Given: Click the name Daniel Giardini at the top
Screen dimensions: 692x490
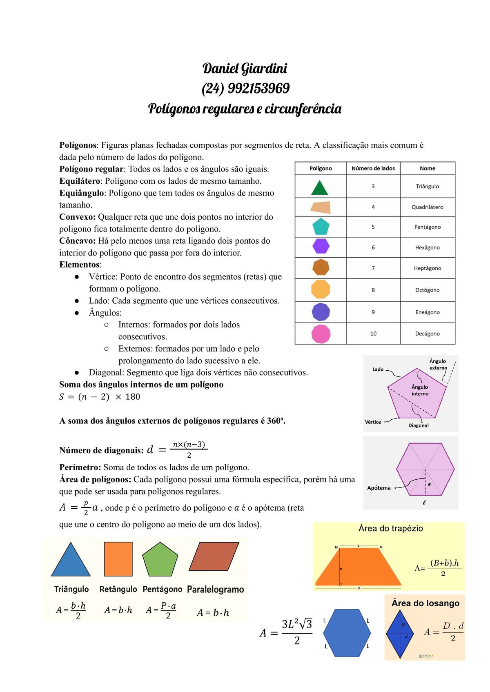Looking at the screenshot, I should click(x=245, y=68).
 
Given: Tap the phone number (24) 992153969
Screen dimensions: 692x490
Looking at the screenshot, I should click(x=245, y=88).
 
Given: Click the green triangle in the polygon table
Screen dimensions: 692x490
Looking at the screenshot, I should click(x=319, y=188).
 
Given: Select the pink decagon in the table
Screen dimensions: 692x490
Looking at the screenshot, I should click(x=321, y=334).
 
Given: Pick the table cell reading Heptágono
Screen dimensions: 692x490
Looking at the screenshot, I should click(x=428, y=268).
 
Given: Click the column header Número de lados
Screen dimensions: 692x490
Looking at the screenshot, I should click(x=373, y=168).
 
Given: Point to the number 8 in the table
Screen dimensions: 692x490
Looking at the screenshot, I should click(x=373, y=290).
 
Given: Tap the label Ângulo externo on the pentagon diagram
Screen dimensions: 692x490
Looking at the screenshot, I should click(x=438, y=364).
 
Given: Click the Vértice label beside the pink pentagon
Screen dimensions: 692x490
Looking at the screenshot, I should click(x=372, y=422).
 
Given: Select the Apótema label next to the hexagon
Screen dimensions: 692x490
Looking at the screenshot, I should click(x=379, y=488).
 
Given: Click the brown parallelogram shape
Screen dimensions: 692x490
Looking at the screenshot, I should click(x=214, y=556).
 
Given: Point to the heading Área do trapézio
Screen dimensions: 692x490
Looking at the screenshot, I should click(x=390, y=528).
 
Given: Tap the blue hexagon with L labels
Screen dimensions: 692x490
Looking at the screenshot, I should click(x=347, y=633).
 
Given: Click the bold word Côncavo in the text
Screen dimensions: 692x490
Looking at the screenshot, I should click(x=77, y=241).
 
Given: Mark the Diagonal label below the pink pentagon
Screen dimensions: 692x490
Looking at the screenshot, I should click(x=418, y=425).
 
